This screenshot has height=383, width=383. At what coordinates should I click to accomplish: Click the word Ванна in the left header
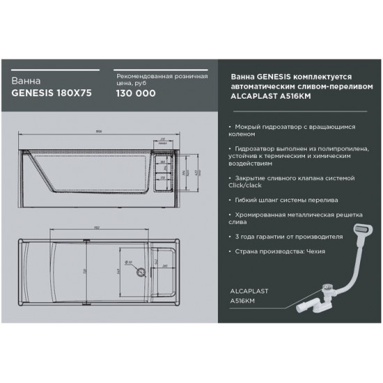point(24,79)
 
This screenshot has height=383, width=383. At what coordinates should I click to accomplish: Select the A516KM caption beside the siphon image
point(244,299)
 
